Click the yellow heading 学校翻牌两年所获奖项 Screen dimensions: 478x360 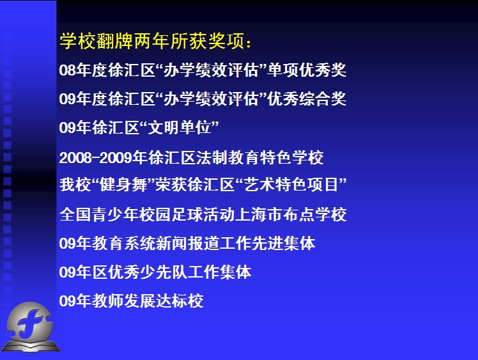[x=152, y=41]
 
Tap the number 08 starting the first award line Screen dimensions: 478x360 [x=67, y=70]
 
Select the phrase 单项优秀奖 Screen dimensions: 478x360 [x=307, y=70]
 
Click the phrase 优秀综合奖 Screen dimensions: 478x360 [x=307, y=98]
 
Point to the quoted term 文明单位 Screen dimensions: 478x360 [x=180, y=127]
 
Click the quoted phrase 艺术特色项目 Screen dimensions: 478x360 [x=291, y=185]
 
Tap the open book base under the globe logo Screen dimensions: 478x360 [x=31, y=346]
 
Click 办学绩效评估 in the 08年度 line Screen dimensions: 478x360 [x=211, y=70]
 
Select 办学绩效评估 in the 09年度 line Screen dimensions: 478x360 [x=211, y=98]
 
